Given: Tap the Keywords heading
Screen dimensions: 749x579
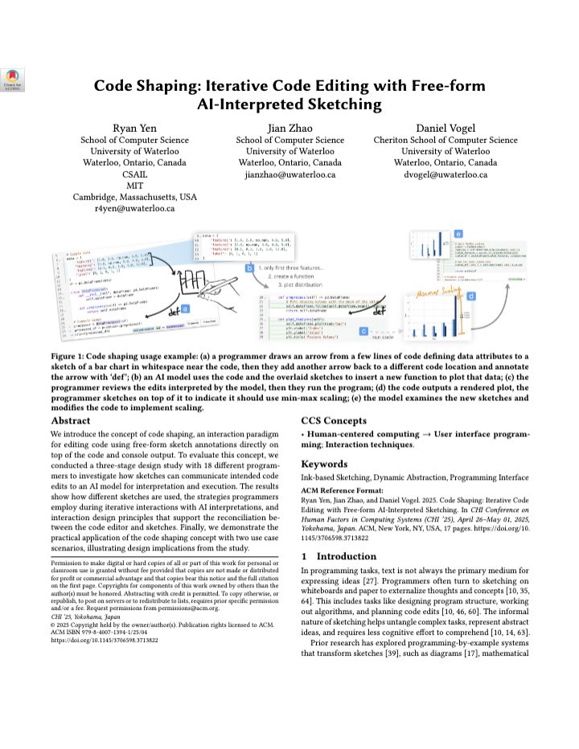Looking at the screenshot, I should click(326, 465).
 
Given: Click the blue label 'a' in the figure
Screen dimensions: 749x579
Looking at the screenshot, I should click(185, 307).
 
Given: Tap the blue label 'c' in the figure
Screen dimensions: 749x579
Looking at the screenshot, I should click(363, 330).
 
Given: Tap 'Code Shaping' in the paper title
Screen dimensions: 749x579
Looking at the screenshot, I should click(145, 87).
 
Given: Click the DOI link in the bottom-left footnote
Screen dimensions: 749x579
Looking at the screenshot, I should click(105, 641).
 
